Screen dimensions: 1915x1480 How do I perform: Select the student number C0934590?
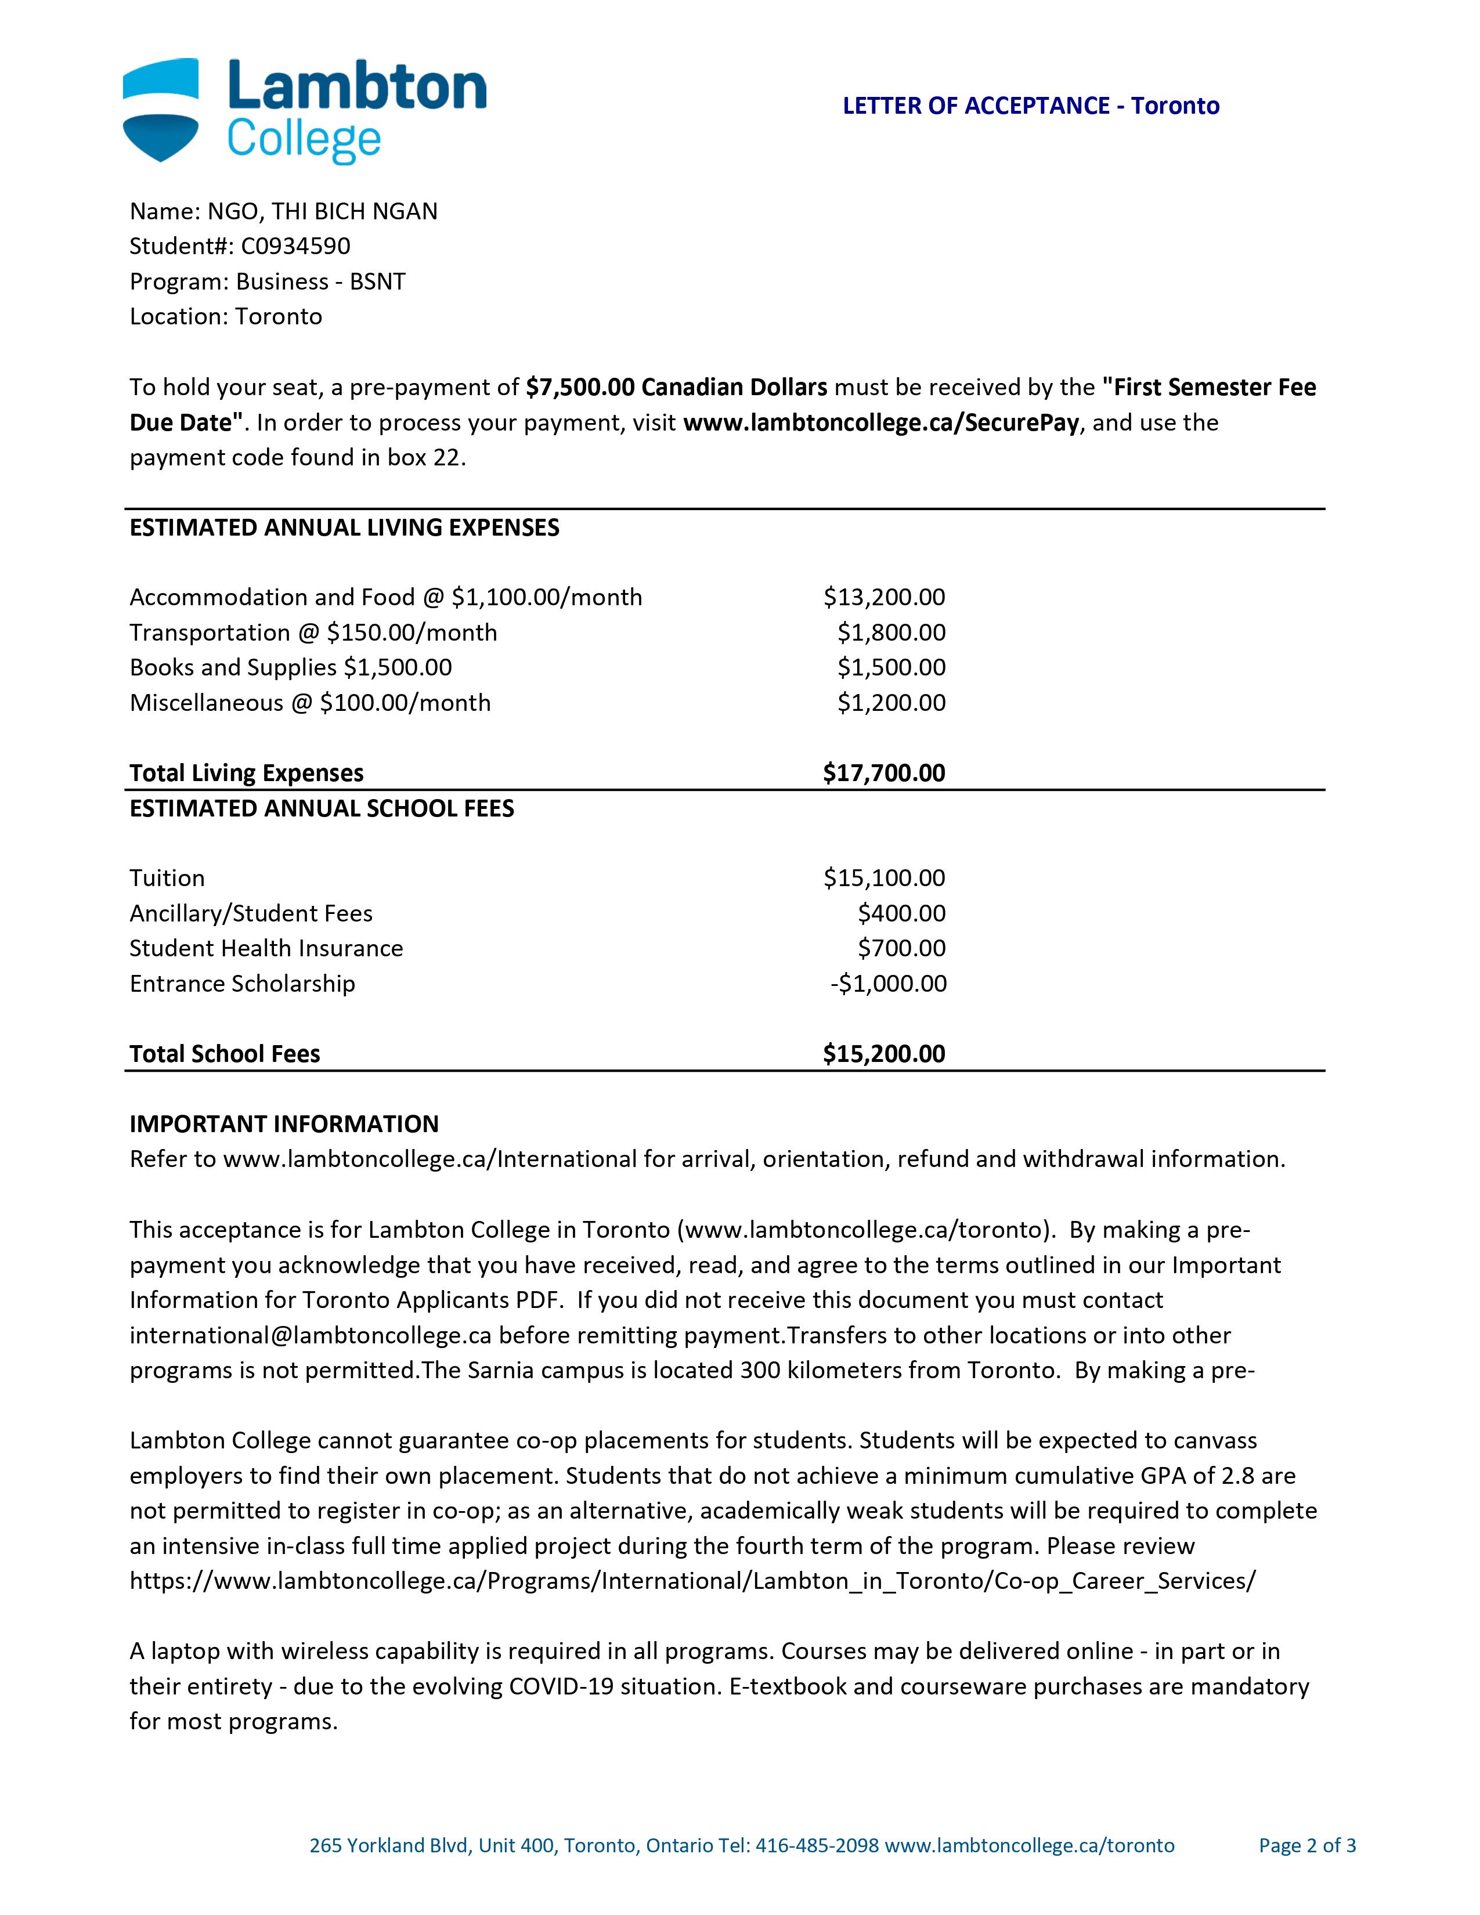pos(295,247)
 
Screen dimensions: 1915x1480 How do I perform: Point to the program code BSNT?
pos(377,281)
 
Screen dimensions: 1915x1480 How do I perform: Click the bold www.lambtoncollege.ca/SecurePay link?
pos(880,422)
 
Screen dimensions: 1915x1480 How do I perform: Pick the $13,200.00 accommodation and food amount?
pos(884,597)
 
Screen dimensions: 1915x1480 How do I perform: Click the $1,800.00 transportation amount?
pos(891,632)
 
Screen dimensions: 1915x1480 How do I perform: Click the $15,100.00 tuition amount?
pos(884,877)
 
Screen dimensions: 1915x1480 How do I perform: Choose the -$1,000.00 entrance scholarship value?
pos(888,984)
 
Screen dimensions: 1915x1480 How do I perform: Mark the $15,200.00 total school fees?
pos(884,1054)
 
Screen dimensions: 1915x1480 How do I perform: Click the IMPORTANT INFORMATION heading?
pos(283,1124)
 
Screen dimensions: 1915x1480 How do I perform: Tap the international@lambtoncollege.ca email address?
pos(309,1335)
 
